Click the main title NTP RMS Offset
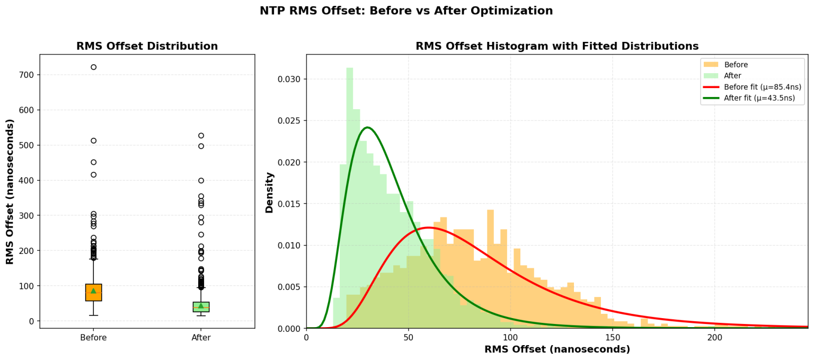click(406, 11)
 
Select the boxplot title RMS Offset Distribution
click(147, 46)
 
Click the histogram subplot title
click(556, 46)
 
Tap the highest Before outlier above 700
click(93, 67)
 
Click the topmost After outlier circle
click(201, 136)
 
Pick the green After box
click(201, 307)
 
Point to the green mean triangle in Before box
click(93, 291)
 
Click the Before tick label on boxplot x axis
click(93, 338)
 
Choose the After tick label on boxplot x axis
click(201, 338)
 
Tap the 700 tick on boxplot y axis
click(26, 75)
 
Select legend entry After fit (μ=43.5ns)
click(759, 98)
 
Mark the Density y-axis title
click(270, 192)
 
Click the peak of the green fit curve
click(367, 127)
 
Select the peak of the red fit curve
click(428, 227)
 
